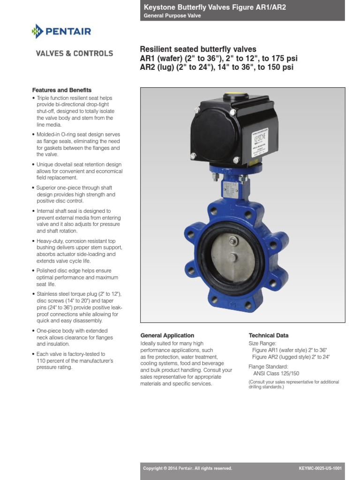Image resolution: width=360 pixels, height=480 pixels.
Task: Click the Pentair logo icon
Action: [37, 32]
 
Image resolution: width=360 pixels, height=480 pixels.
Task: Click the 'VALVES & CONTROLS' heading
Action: [75, 53]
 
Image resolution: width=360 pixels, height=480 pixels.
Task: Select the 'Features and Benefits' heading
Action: [61, 90]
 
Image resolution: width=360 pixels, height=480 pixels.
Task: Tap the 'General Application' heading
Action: [167, 336]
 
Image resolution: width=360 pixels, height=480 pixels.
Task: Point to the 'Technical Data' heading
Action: [268, 336]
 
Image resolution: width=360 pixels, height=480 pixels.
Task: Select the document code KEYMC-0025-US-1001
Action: [320, 468]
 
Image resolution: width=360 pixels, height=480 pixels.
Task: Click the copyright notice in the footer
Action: [187, 468]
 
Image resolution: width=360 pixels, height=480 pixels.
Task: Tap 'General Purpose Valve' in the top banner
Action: [172, 15]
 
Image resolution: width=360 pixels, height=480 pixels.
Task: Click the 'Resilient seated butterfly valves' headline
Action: [198, 50]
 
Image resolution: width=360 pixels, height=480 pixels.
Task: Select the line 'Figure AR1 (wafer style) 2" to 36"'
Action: [289, 350]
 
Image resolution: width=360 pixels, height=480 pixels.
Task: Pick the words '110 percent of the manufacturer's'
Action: [75, 361]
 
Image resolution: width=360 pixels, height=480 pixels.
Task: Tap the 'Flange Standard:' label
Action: [268, 367]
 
